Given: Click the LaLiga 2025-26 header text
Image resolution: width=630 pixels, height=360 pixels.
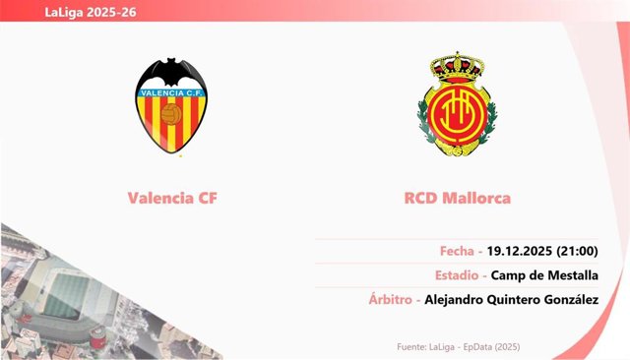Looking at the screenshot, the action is [x=91, y=12].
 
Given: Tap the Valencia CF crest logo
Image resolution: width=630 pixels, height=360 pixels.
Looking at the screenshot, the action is [x=171, y=105].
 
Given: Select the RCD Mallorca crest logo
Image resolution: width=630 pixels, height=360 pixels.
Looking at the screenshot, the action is [x=457, y=104].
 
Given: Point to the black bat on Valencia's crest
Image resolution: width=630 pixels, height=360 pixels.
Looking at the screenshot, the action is [x=171, y=72].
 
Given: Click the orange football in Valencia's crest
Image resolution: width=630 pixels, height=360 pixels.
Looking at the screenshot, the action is [x=171, y=114].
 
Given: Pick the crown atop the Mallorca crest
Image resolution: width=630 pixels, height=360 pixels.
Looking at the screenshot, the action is [x=457, y=67].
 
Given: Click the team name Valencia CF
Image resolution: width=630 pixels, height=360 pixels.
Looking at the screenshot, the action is [x=172, y=198].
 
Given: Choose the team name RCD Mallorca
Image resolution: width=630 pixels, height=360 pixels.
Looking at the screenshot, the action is [x=457, y=198].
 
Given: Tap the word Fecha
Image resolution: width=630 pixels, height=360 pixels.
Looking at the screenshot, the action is [x=457, y=251].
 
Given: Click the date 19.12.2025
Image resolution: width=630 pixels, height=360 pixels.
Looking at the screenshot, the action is [x=520, y=251].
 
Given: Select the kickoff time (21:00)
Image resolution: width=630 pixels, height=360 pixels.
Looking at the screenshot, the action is [x=578, y=251].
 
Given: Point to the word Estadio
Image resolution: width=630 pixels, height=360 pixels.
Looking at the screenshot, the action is [x=457, y=275].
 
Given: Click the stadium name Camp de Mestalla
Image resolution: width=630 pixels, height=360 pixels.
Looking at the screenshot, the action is [x=544, y=275].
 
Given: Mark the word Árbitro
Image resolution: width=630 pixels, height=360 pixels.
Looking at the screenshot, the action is [x=391, y=299].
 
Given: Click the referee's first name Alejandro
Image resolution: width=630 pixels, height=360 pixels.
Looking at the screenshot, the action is [x=454, y=300].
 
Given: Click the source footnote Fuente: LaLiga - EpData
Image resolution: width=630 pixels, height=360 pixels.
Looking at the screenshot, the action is [x=458, y=347].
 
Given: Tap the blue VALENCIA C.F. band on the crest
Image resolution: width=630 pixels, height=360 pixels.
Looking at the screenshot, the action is [x=171, y=92].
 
